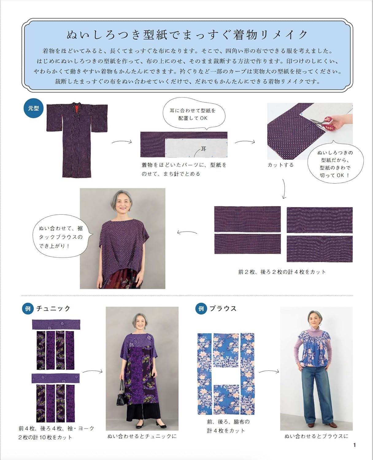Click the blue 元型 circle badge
coord(33,108)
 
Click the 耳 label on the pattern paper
coord(204,149)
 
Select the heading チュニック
coord(53,309)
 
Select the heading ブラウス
coord(223,309)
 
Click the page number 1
coord(355,445)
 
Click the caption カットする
coord(280,165)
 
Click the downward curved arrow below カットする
coord(283,189)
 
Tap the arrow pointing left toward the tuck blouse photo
coord(187,232)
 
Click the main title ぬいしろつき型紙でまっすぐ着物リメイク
coord(187,35)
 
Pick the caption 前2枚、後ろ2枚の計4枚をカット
coord(282,272)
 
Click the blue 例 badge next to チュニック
coord(28,309)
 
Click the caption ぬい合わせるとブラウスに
coord(316,436)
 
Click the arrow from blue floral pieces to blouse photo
coord(269,372)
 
